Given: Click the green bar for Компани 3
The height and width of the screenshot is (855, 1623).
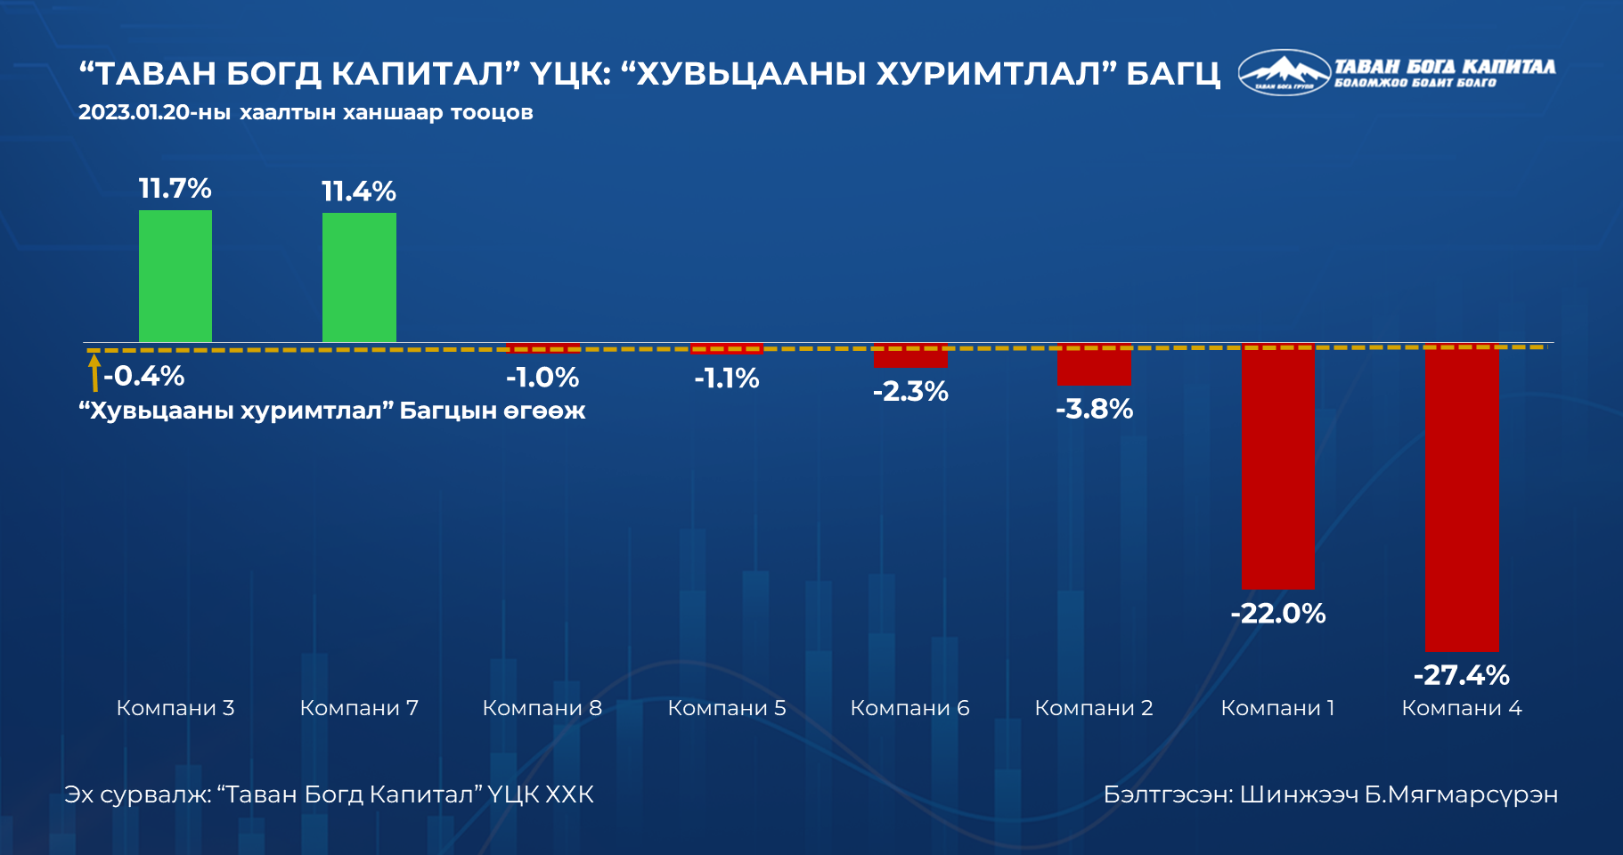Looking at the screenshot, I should pyautogui.click(x=175, y=276).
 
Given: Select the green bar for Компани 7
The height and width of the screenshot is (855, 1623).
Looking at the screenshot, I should pyautogui.click(x=359, y=277).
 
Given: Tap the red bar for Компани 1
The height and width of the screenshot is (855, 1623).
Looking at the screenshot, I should pyautogui.click(x=1277, y=468).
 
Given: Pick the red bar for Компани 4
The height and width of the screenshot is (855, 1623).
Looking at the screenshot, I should pyautogui.click(x=1462, y=499).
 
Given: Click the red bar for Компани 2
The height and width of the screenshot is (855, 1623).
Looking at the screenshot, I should pyautogui.click(x=1094, y=366).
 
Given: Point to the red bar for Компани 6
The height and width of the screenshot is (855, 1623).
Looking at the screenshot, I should pyautogui.click(x=910, y=357).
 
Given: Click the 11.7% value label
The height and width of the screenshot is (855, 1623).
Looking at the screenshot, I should pyautogui.click(x=175, y=189).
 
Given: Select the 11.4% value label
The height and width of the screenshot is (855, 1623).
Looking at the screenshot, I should pyautogui.click(x=359, y=191).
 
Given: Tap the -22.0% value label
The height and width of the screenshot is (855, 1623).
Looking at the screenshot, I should pyautogui.click(x=1278, y=614).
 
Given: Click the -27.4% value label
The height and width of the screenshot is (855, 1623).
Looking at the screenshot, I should pyautogui.click(x=1462, y=675).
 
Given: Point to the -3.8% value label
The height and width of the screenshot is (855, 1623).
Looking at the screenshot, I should pyautogui.click(x=1094, y=409).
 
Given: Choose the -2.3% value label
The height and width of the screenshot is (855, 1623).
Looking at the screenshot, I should pyautogui.click(x=910, y=391).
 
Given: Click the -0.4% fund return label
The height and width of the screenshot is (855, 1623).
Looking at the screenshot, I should pyautogui.click(x=143, y=376).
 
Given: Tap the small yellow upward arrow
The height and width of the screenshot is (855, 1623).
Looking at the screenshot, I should pyautogui.click(x=94, y=373).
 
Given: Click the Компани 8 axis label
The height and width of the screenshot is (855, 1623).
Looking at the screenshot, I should pyautogui.click(x=542, y=708).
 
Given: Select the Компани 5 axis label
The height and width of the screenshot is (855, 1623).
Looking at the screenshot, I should pyautogui.click(x=727, y=708).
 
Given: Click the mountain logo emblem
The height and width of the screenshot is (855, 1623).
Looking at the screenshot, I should pyautogui.click(x=1284, y=71).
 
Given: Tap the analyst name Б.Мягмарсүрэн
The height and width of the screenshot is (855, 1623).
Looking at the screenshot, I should pyautogui.click(x=1461, y=794).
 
